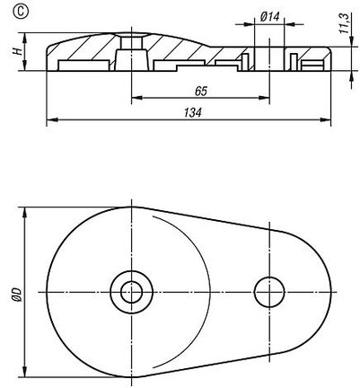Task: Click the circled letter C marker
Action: point(21,12)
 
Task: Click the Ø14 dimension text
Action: point(269,17)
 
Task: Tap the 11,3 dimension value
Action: point(346,23)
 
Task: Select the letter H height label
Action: point(18,51)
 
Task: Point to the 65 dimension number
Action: point(201,91)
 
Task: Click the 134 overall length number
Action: point(192,113)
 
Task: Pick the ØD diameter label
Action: point(16,295)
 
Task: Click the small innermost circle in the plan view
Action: point(131,292)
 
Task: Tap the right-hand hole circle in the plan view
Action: point(269,292)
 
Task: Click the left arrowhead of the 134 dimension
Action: point(52,119)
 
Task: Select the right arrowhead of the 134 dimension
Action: point(326,119)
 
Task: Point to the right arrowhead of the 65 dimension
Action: point(264,97)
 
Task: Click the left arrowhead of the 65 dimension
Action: point(136,97)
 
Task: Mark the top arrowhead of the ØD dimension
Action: point(25,213)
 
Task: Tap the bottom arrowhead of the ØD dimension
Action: point(25,371)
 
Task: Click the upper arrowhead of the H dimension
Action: point(25,38)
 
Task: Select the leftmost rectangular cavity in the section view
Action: point(83,66)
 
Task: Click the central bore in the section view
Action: point(131,53)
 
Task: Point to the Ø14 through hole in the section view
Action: point(269,58)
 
